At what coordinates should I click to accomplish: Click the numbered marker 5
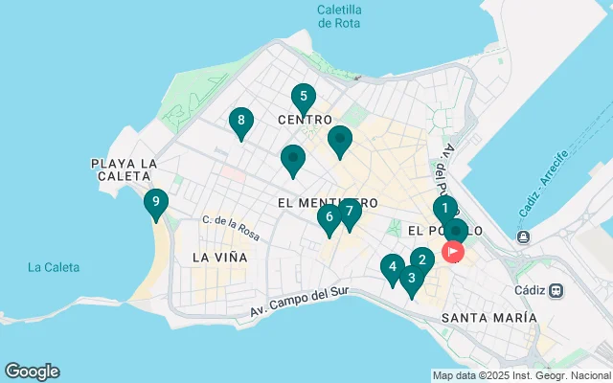pyautogui.click(x=303, y=97)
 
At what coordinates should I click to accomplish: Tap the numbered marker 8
pyautogui.click(x=240, y=121)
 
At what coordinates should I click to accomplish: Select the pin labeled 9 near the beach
pyautogui.click(x=155, y=202)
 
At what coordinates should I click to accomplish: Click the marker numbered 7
pyautogui.click(x=350, y=211)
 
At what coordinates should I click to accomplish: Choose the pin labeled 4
pyautogui.click(x=392, y=267)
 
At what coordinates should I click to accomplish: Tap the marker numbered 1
pyautogui.click(x=444, y=208)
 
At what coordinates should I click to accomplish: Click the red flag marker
pyautogui.click(x=453, y=252)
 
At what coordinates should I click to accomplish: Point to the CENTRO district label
pyautogui.click(x=304, y=120)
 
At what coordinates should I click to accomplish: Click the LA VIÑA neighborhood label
pyautogui.click(x=219, y=258)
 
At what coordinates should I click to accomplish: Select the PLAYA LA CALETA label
pyautogui.click(x=124, y=170)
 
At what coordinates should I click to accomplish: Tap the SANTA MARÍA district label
pyautogui.click(x=489, y=317)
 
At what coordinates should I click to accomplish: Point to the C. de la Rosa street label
pyautogui.click(x=231, y=227)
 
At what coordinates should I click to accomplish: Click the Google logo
pyautogui.click(x=32, y=372)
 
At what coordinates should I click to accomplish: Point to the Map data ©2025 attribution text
pyautogui.click(x=521, y=375)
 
